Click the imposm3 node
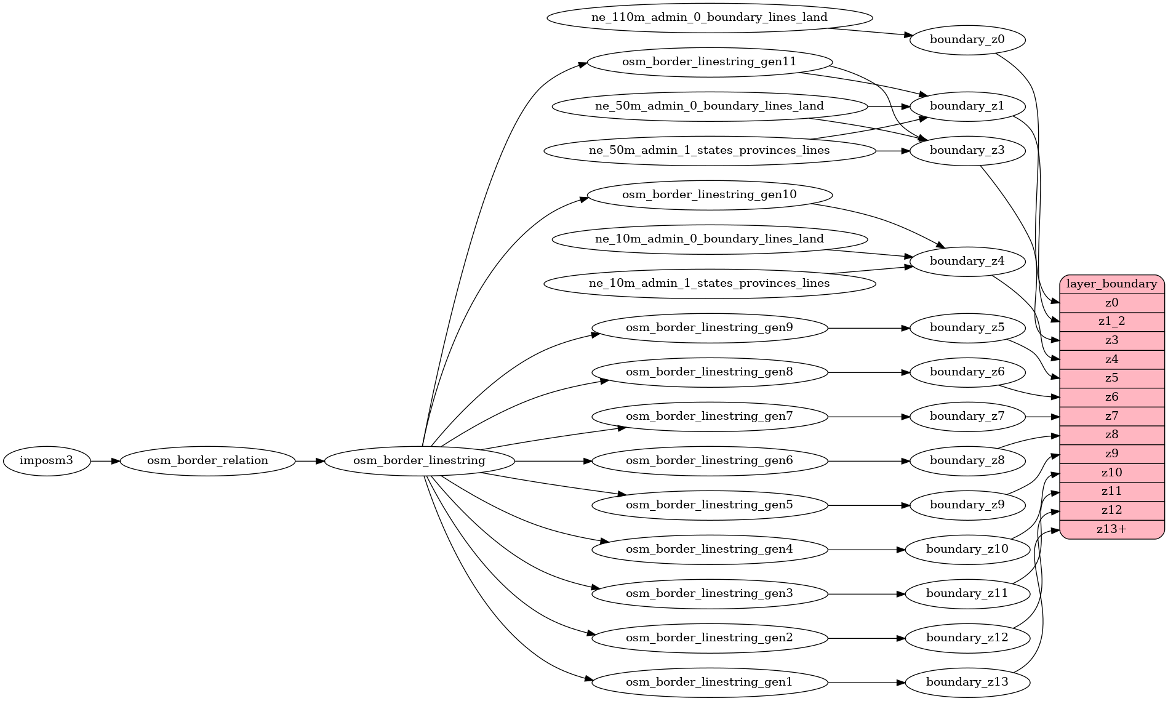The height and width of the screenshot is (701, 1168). pos(46,461)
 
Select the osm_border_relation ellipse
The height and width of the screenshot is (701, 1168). pos(207,461)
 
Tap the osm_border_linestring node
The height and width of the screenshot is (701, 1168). pos(419,461)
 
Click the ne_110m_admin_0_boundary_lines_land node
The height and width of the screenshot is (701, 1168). pos(709,18)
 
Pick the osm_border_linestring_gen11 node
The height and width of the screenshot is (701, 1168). pos(709,62)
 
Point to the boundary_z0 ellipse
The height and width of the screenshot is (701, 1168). pos(967,40)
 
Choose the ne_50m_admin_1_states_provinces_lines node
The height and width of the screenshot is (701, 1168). pos(709,151)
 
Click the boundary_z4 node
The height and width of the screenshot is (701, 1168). pos(967,262)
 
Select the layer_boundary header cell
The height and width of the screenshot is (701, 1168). pos(1111,284)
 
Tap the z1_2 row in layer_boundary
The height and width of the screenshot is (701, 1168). pos(1111,321)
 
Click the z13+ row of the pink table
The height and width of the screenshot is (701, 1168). pos(1111,529)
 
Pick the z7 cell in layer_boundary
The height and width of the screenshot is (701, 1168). pos(1111,416)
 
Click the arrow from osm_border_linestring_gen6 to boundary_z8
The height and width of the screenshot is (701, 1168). pos(868,461)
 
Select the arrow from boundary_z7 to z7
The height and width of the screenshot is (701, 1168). pos(1042,417)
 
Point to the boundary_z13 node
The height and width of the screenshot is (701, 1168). pos(967,683)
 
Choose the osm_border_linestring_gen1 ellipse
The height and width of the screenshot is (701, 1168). pos(709,683)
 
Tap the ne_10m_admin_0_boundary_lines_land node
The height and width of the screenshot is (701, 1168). pos(709,239)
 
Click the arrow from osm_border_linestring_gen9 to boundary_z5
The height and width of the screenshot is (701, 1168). pos(868,328)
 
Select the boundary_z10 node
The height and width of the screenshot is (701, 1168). pos(967,550)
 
